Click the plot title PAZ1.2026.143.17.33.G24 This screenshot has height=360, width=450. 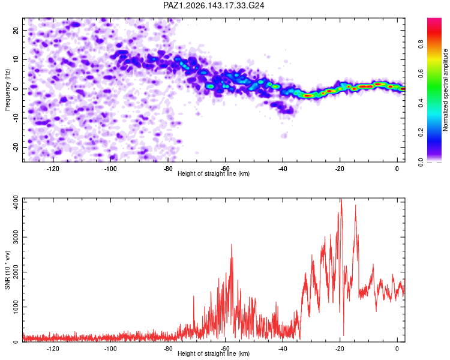(214, 5)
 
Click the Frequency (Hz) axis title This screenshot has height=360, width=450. (7, 90)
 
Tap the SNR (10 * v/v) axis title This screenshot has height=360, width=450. (7, 270)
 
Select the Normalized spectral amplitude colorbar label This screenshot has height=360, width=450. (445, 90)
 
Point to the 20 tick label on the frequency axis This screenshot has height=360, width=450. (16, 30)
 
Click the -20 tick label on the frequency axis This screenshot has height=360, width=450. (16, 147)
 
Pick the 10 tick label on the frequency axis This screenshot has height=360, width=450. (16, 59)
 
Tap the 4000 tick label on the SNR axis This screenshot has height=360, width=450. (16, 202)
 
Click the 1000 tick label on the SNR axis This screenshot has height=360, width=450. (16, 307)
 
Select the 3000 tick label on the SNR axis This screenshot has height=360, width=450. (16, 237)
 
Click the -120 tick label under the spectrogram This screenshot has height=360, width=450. (53, 169)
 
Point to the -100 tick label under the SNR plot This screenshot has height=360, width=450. (110, 349)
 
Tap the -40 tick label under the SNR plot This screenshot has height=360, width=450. (283, 349)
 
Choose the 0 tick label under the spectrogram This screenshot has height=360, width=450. (397, 169)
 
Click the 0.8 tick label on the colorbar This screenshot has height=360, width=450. (421, 44)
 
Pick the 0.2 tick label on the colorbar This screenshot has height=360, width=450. (421, 133)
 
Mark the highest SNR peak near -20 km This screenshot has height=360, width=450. (341, 199)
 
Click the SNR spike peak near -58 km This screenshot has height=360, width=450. (232, 244)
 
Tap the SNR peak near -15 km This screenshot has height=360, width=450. (355, 205)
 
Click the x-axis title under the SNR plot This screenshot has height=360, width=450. (214, 353)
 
